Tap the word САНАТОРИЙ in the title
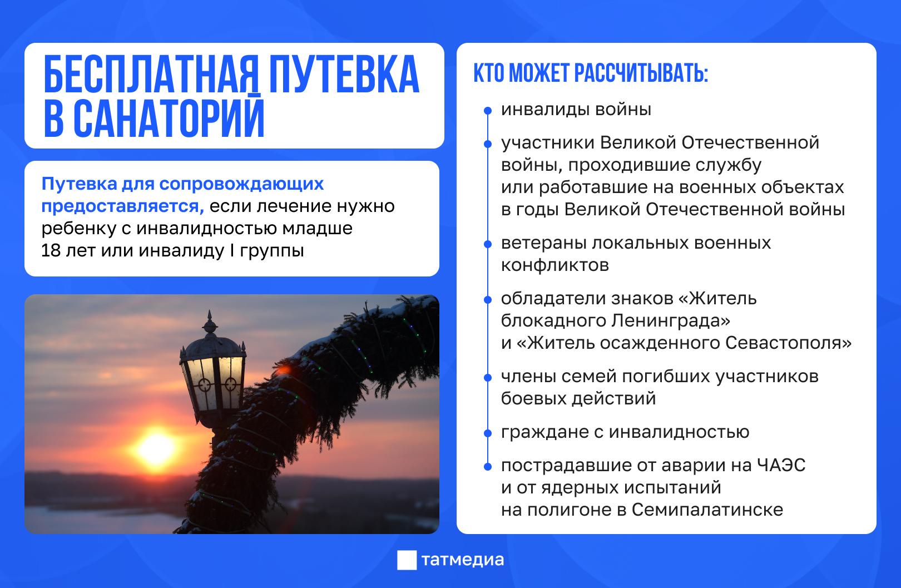pos(169,118)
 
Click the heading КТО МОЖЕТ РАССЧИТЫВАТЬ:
pos(591,75)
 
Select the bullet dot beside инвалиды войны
pos(488,111)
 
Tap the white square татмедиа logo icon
pos(406,560)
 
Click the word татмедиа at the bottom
pos(463,560)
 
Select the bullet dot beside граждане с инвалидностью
pos(488,433)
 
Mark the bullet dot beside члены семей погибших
pos(488,377)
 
